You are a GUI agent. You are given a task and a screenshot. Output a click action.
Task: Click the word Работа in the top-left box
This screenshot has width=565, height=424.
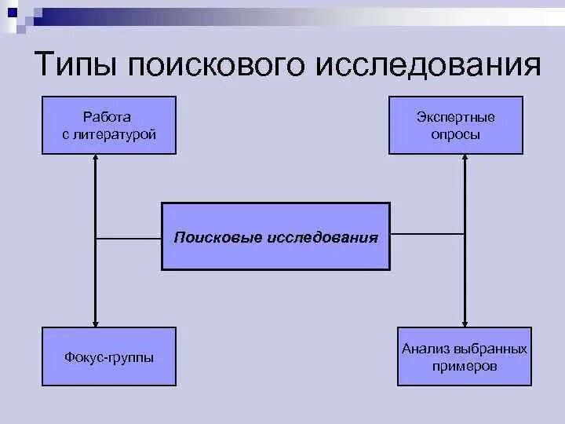108,117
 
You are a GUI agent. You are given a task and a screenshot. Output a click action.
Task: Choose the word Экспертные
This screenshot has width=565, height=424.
455,117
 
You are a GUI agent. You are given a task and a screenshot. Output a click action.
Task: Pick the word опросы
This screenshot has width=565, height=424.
455,134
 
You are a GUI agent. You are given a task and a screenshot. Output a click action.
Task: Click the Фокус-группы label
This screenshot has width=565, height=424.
108,357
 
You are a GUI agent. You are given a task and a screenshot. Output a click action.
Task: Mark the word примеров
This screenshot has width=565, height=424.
465,366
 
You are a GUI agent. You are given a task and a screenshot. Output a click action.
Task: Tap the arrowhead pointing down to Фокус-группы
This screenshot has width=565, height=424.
96,322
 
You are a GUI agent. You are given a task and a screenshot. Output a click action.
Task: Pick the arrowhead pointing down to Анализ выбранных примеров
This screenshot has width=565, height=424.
465,322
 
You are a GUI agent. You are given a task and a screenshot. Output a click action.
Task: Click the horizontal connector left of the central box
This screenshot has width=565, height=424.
129,236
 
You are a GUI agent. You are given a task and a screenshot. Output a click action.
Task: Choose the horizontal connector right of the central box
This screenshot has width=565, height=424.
428,234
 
